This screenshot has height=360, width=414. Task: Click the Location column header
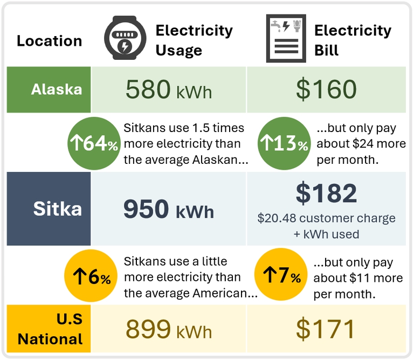50,41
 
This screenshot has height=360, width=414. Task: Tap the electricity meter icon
125,38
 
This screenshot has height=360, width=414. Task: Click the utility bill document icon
286,38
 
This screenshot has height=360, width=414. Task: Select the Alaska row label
57,89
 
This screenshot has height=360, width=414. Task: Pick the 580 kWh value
169,89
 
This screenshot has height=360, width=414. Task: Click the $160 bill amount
326,89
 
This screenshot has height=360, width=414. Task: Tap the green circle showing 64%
94,143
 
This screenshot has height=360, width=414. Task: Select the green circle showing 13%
284,143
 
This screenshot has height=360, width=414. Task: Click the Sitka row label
58,209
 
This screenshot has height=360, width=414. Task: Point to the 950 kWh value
169,209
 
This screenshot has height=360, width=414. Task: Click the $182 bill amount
326,193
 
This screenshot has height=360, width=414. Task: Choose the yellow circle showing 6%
91,275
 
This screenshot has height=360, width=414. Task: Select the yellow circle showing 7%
281,274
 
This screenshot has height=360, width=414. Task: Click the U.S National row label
50,329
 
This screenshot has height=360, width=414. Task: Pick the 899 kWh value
169,329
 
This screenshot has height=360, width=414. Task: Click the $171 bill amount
325,329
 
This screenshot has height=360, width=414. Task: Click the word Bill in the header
326,50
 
